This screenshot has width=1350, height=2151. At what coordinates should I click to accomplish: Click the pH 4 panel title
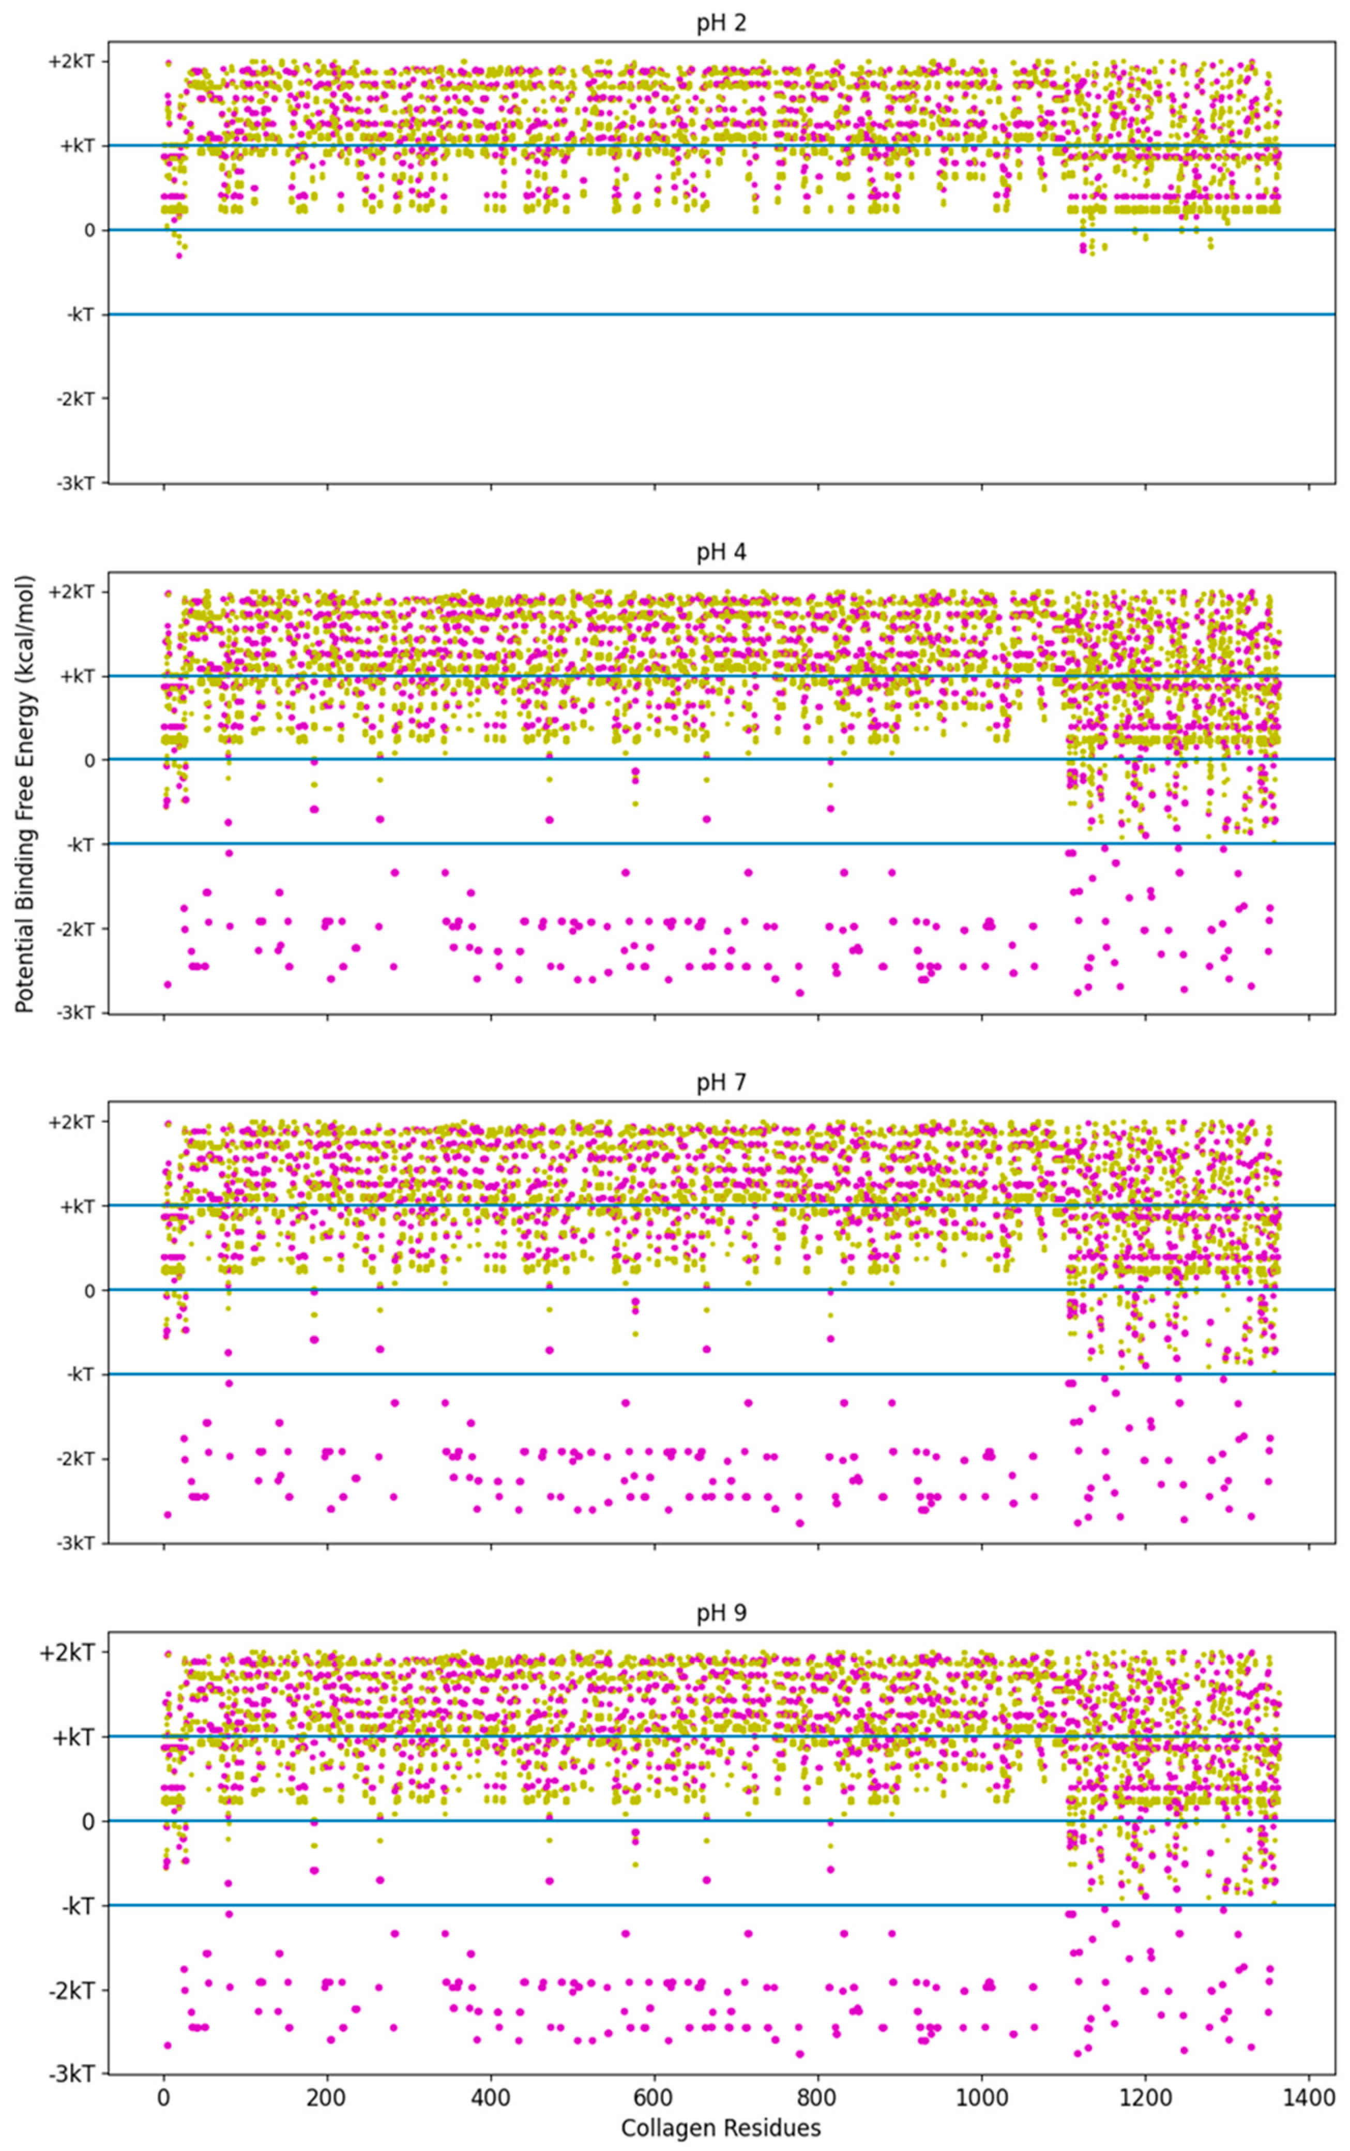tap(721, 553)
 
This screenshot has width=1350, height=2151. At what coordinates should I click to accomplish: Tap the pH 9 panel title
tap(721, 1613)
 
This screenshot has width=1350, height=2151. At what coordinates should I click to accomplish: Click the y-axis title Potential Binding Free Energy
tap(24, 795)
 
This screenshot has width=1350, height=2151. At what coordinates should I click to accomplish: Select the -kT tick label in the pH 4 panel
tap(80, 845)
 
